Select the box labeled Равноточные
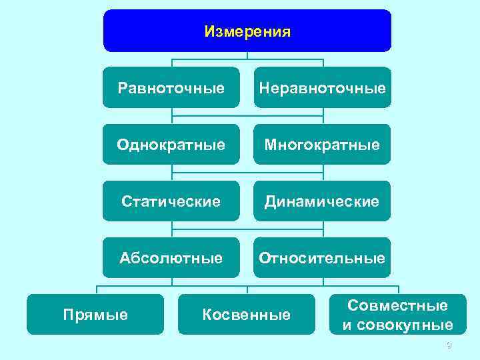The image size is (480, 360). (171, 87)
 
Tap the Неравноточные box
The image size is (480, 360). (322, 87)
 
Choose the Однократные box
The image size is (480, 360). (171, 144)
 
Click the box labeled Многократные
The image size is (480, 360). (322, 144)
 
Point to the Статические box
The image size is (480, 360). (171, 201)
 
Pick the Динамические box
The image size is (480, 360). (322, 201)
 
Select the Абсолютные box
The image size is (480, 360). (171, 257)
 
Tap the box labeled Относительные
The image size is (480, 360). (322, 257)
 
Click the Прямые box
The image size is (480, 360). (95, 314)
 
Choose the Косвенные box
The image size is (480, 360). (247, 314)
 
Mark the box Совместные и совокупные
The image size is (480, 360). (397, 314)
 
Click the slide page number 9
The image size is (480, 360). (449, 345)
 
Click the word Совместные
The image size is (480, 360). (397, 305)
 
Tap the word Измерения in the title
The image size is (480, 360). (247, 31)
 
